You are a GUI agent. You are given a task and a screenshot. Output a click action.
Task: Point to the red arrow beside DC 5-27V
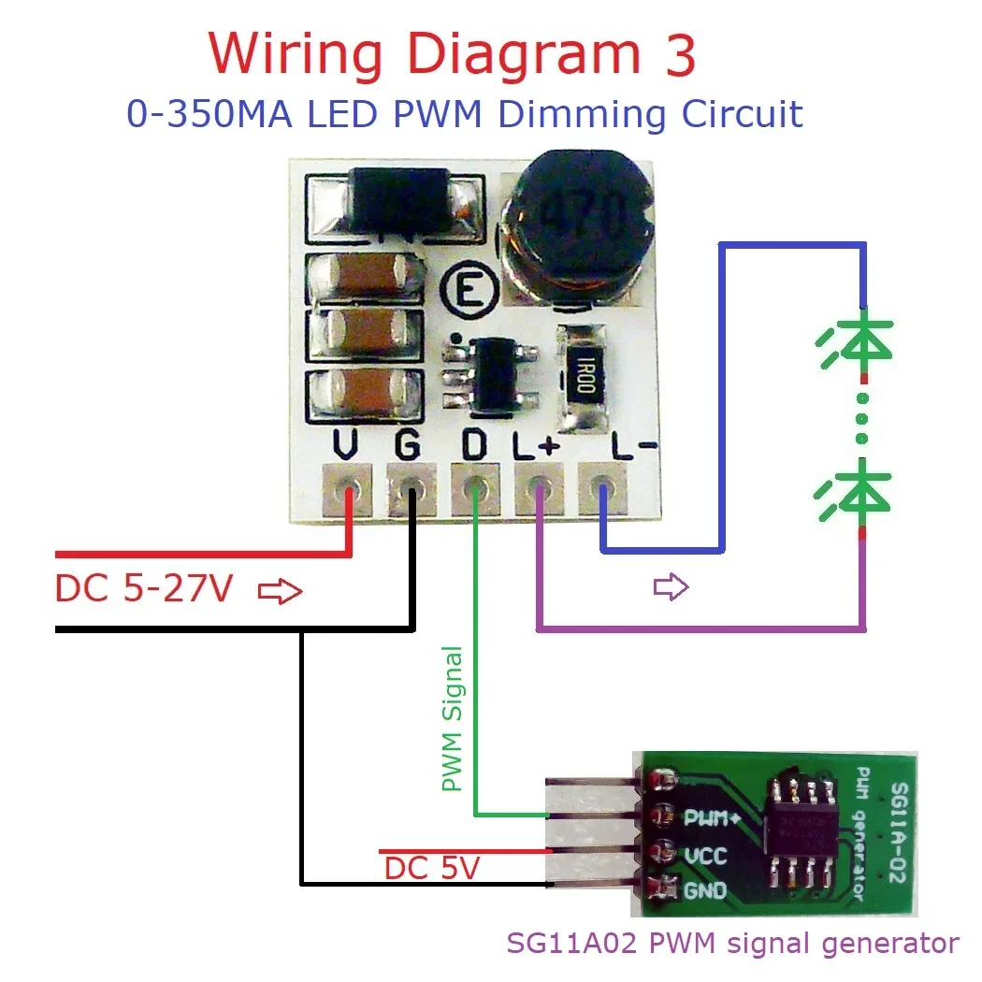281,591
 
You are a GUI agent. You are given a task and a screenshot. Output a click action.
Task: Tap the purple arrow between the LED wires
671,587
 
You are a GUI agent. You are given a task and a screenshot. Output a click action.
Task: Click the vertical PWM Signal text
453,719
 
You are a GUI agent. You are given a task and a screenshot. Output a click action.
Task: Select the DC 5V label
431,869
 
